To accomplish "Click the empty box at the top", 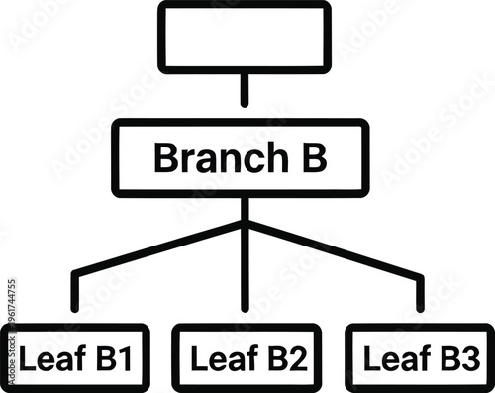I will point(245,37).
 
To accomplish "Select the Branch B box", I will point(241,158).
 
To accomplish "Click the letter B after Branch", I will point(313,158).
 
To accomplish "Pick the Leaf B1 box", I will point(74,357).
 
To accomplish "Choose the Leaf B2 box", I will point(247,357).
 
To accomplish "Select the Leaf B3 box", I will point(420,357).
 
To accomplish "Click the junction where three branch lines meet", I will point(245,225).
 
